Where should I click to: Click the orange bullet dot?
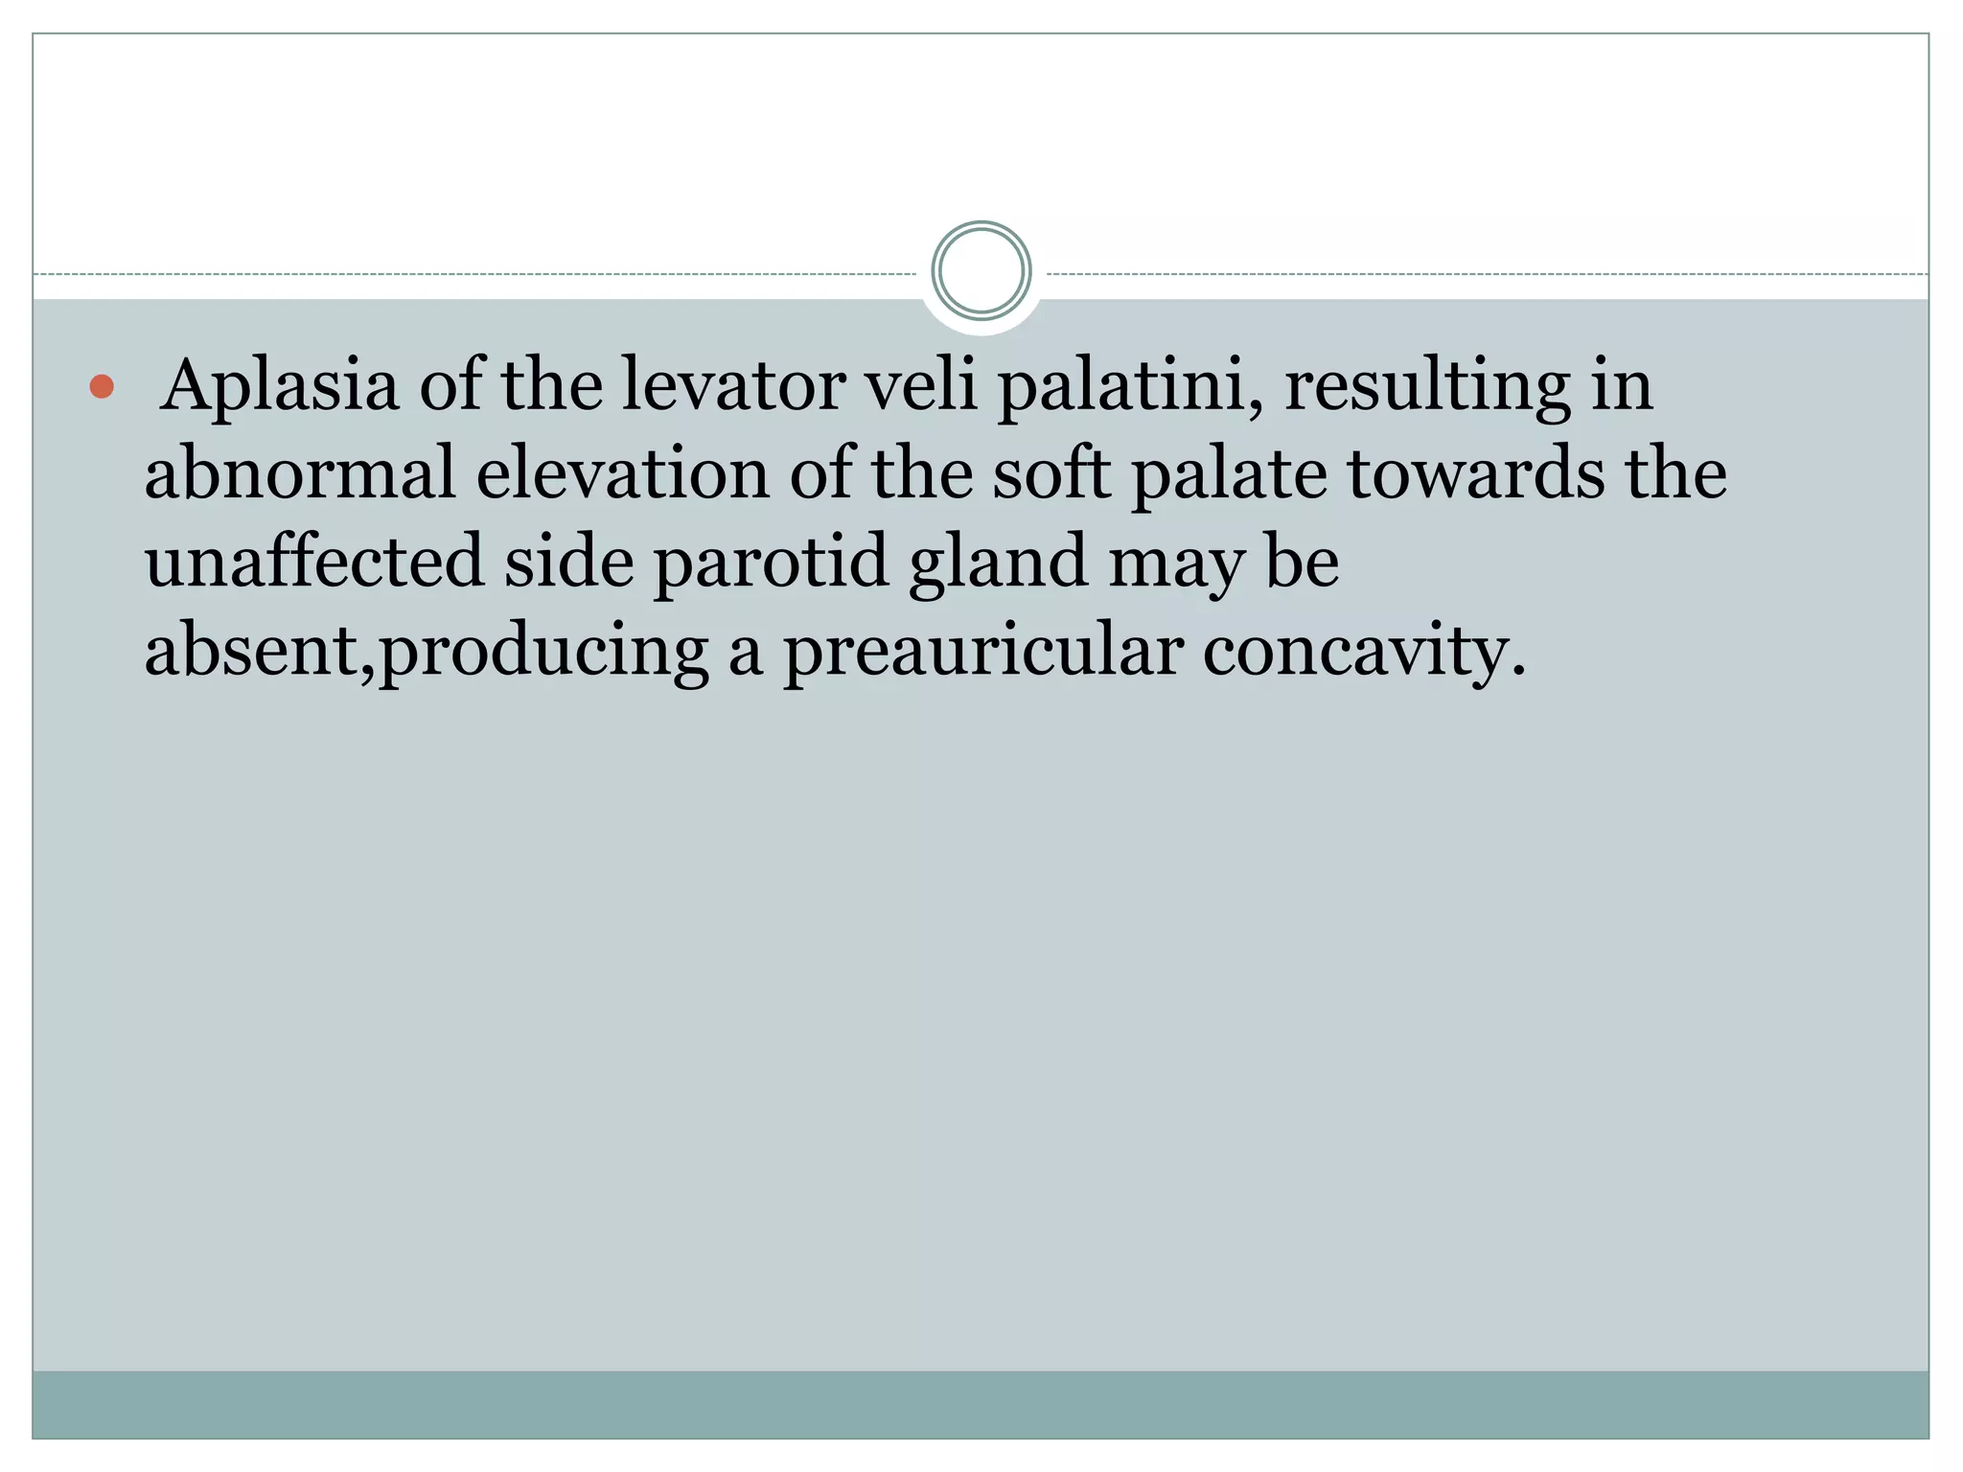[102, 387]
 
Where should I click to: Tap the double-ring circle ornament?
[981, 271]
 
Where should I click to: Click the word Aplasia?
[279, 385]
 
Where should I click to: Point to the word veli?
[921, 385]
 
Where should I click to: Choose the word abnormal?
[299, 473]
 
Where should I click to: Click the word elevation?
[623, 473]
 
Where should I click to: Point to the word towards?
[1476, 473]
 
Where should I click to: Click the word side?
[569, 562]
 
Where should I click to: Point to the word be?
[1302, 562]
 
